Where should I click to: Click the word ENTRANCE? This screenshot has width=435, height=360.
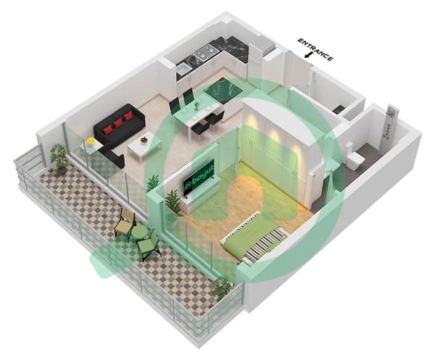pos(315,49)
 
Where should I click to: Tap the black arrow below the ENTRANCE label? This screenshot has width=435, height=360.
pos(307,55)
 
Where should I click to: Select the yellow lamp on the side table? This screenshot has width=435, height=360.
pos(90,141)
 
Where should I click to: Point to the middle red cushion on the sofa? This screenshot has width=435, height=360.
pos(118,122)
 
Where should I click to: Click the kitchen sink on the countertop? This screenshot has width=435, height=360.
pos(182,69)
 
